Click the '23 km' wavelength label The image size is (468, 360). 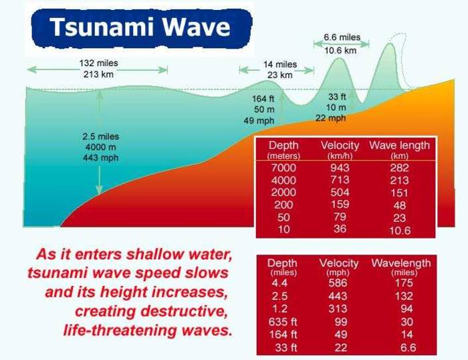tap(279, 75)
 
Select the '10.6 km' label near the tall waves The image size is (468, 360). tap(342, 49)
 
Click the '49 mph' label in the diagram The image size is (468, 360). tap(257, 120)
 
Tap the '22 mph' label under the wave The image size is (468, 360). tap(331, 118)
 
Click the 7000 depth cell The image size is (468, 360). tap(283, 168)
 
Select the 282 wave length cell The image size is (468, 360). tap(398, 168)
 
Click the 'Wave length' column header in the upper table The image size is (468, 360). tap(398, 146)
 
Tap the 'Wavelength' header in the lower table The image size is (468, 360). tap(400, 263)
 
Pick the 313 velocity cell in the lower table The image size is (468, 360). tap(339, 309)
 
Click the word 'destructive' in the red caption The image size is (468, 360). tap(189, 311)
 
